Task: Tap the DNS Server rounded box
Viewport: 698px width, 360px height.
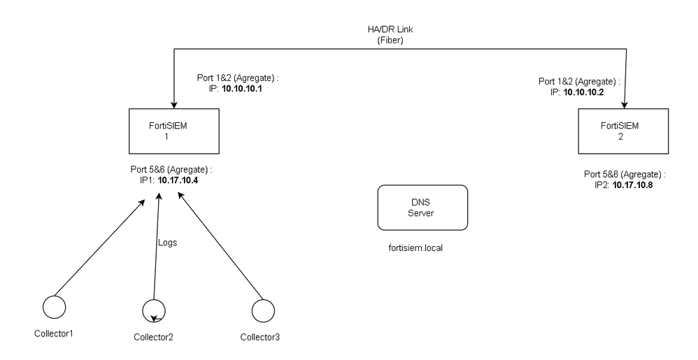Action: tap(422, 208)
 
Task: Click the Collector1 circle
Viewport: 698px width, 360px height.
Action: tap(55, 306)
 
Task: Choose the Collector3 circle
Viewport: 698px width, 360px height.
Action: tap(262, 308)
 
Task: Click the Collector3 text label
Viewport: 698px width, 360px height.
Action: tap(259, 338)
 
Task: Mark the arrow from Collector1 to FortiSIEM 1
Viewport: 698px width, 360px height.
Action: tap(98, 244)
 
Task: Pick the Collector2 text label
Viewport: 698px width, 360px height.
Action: tap(153, 338)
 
